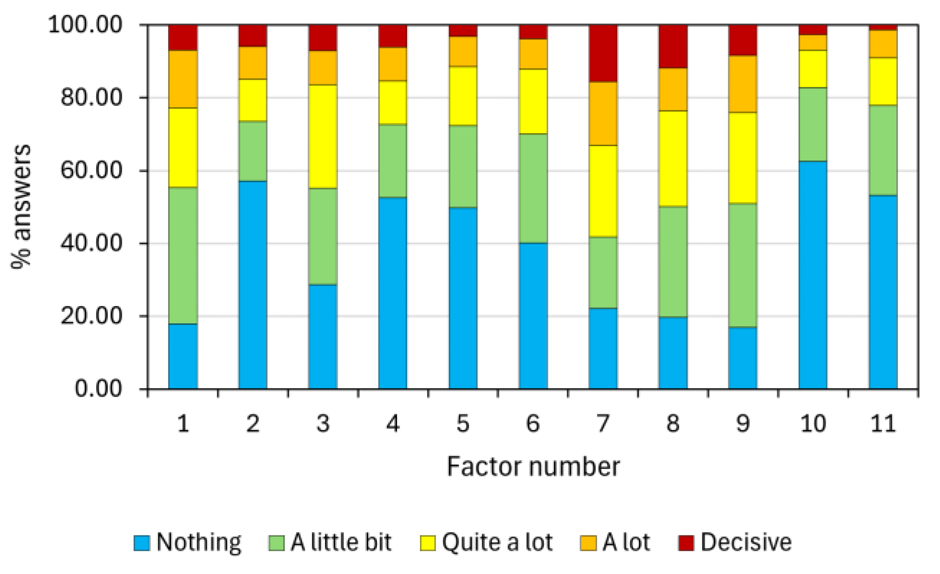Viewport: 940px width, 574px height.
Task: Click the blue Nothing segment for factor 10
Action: coord(813,275)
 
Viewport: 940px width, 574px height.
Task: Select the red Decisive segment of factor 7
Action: coord(603,53)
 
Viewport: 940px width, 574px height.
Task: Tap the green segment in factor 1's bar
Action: coord(182,255)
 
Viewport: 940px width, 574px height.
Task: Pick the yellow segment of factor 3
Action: coord(323,137)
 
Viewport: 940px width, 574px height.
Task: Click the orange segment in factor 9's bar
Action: coord(743,84)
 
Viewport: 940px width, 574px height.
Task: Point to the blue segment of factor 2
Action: coord(253,285)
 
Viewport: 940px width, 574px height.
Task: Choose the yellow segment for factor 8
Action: coord(673,159)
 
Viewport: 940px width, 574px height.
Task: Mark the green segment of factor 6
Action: coord(533,188)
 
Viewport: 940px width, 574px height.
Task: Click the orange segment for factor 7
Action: coord(603,114)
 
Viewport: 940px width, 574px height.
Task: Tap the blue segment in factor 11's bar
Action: coord(883,292)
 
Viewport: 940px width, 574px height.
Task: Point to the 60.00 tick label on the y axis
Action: coord(91,171)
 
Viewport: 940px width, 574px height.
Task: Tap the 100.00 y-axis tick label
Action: coord(86,24)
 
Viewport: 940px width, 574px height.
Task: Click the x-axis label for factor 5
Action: coord(463,424)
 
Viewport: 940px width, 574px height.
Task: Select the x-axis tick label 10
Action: coord(813,424)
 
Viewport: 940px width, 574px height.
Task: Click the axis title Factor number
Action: coord(533,466)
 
